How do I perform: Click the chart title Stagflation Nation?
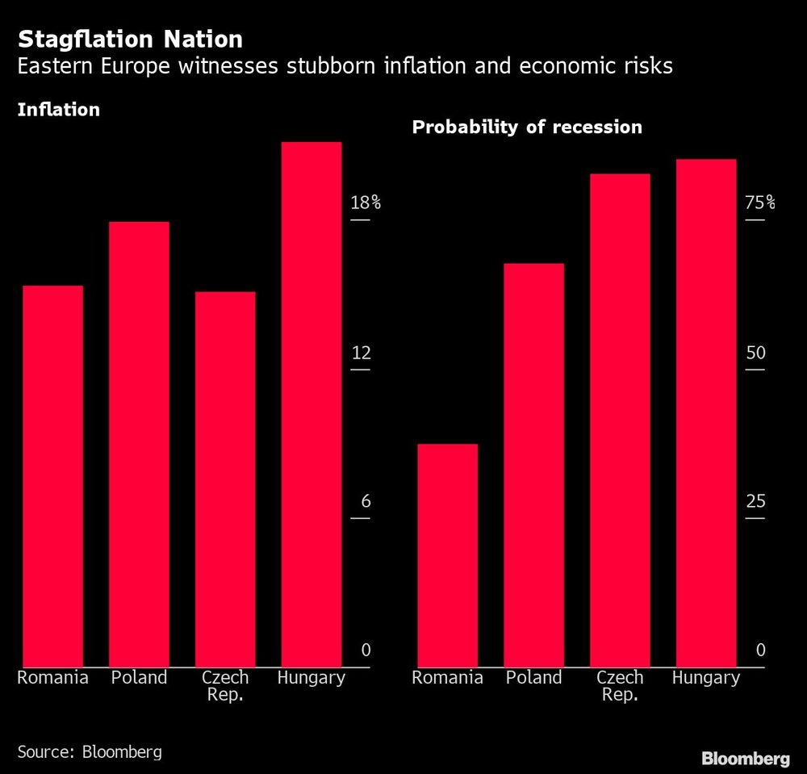click(130, 39)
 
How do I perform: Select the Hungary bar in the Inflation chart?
click(311, 404)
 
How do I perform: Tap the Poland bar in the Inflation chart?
click(139, 444)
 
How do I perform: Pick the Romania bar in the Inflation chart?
click(52, 476)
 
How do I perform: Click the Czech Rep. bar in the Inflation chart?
click(225, 479)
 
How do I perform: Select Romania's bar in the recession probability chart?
click(447, 555)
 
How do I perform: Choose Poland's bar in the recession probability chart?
click(533, 465)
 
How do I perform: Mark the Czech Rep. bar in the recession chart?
click(620, 420)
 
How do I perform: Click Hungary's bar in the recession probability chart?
click(706, 413)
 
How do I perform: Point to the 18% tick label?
click(365, 203)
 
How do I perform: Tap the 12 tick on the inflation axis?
click(360, 353)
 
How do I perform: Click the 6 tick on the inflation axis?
click(365, 501)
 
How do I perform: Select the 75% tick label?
click(759, 203)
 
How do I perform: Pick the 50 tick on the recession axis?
click(755, 353)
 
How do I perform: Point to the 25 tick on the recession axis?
click(755, 501)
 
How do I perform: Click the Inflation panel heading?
click(59, 110)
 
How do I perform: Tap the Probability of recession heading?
click(527, 127)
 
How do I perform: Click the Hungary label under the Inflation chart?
click(311, 678)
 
